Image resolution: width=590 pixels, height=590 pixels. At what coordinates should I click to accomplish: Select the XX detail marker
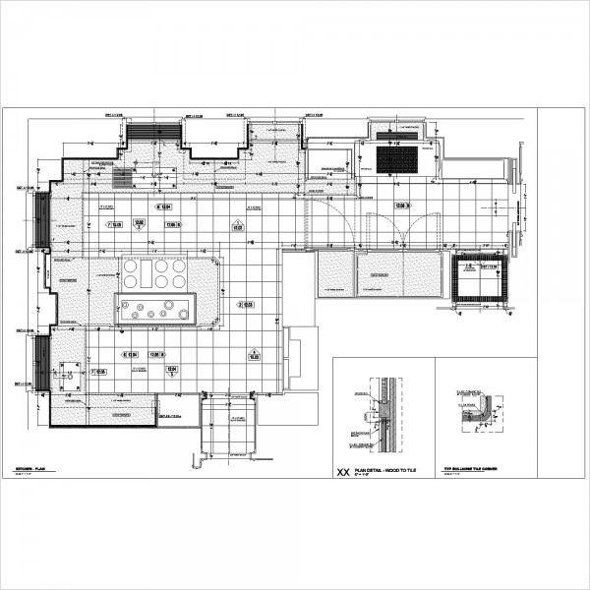pyautogui.click(x=342, y=473)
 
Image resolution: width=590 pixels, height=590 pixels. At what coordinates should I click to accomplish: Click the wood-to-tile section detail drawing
pyautogui.click(x=382, y=413)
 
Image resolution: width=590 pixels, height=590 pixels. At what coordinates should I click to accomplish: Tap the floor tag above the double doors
pyautogui.click(x=401, y=205)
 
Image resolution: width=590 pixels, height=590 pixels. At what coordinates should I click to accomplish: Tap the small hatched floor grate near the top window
pyautogui.click(x=123, y=178)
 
